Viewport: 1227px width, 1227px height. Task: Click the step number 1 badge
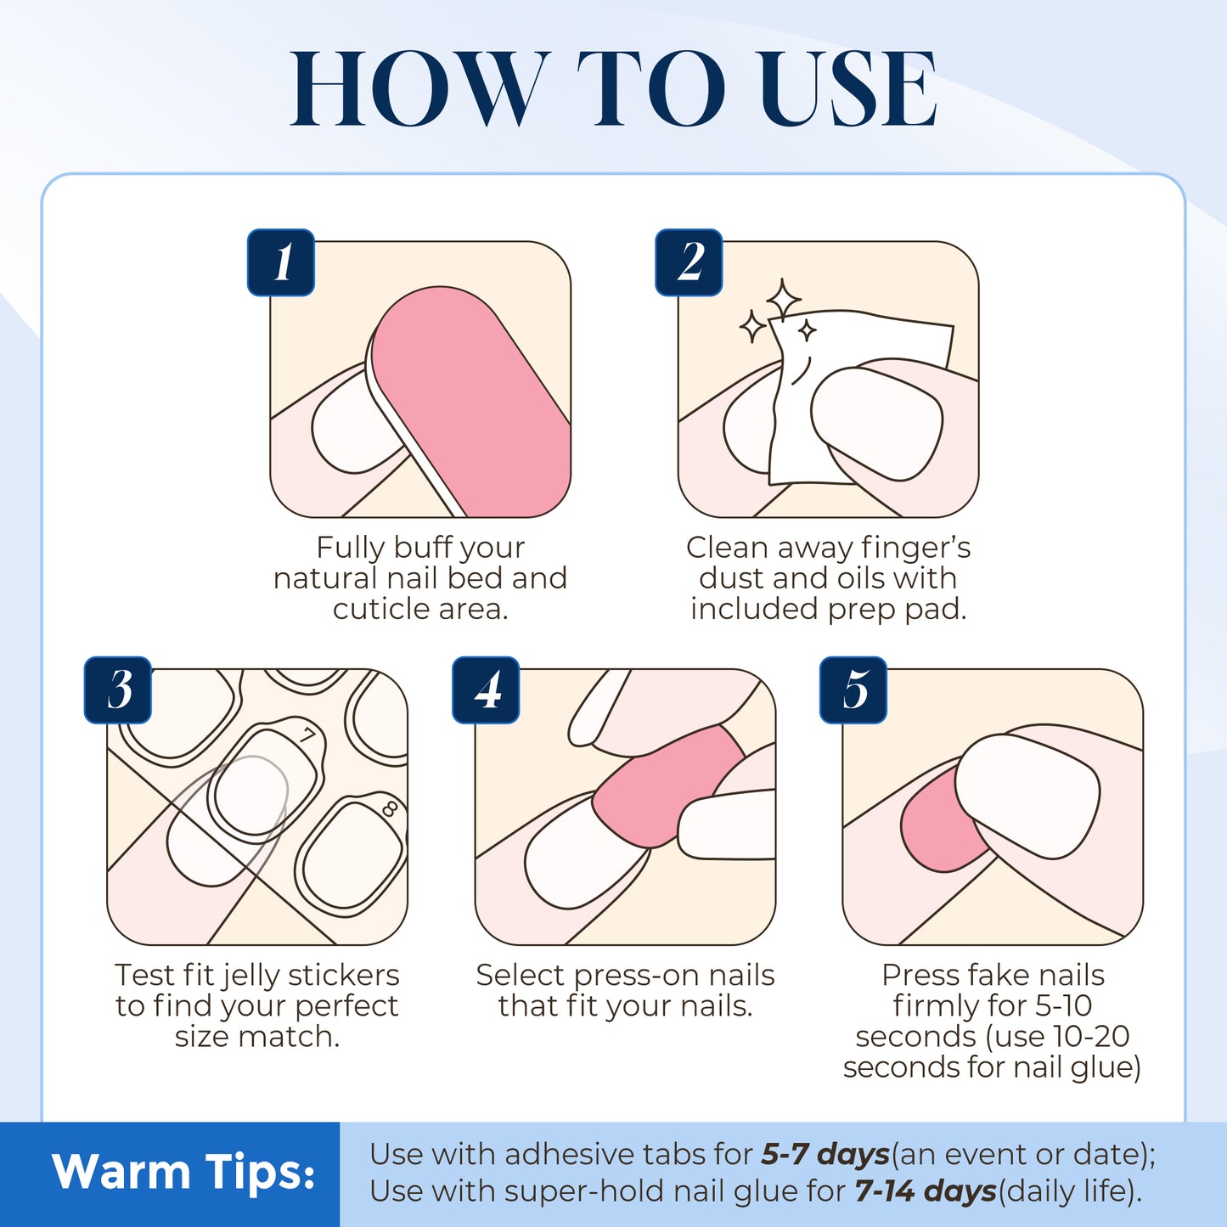pos(281,262)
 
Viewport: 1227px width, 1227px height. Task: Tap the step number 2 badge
pos(689,262)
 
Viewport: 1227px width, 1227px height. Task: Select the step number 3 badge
pos(118,689)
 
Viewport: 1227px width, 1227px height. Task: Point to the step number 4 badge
pos(486,689)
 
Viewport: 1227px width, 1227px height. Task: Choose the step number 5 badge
pos(853,689)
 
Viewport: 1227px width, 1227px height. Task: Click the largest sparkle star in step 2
pos(783,299)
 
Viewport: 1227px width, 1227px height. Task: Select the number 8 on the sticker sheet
pos(390,808)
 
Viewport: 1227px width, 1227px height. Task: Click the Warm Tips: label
pos(183,1173)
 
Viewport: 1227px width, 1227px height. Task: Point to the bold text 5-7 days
pos(825,1155)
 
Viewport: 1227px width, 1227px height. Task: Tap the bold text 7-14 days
pos(925,1191)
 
